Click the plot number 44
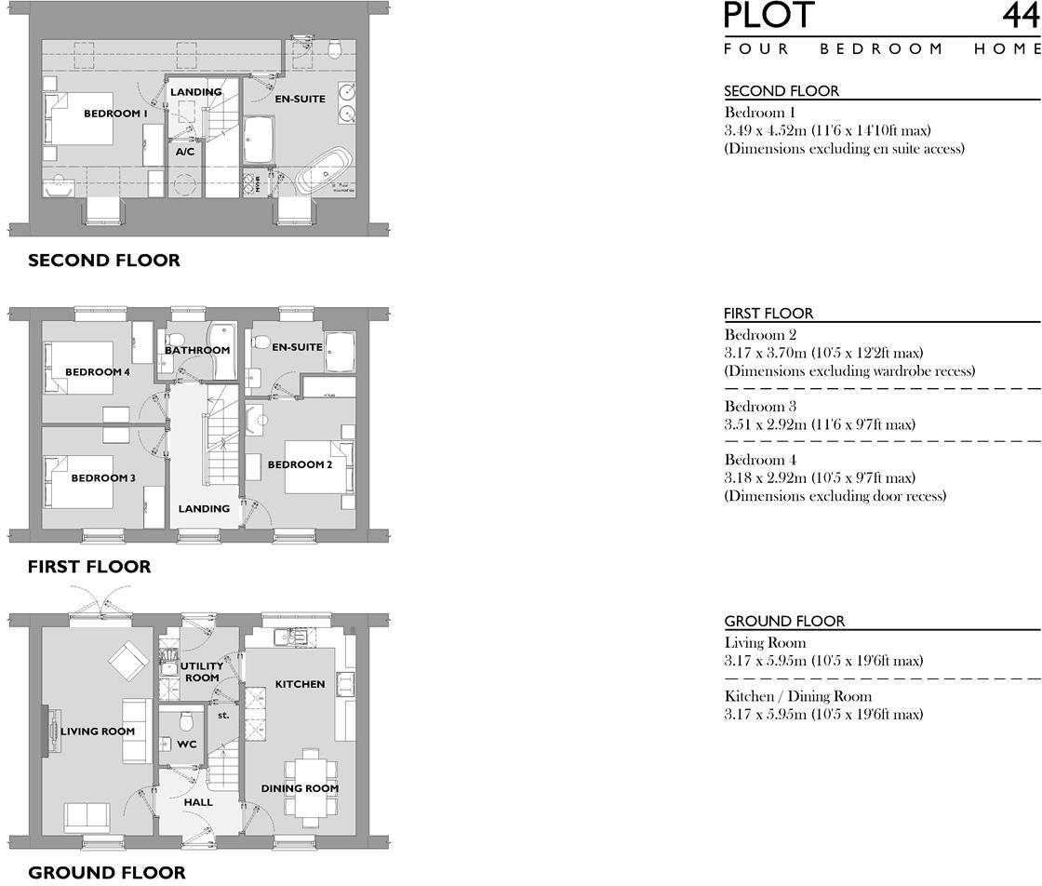[1021, 16]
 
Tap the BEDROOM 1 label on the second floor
[115, 114]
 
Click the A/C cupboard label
[184, 150]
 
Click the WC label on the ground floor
[186, 745]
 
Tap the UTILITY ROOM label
[202, 672]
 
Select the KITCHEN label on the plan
[300, 684]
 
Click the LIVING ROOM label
[98, 732]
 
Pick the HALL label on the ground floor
[198, 801]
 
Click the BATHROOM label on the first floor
[197, 351]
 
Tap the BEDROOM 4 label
[98, 372]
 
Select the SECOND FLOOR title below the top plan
[104, 261]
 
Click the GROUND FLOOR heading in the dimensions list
[784, 621]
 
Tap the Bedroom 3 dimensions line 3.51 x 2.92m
[820, 424]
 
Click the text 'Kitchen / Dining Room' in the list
[798, 696]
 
